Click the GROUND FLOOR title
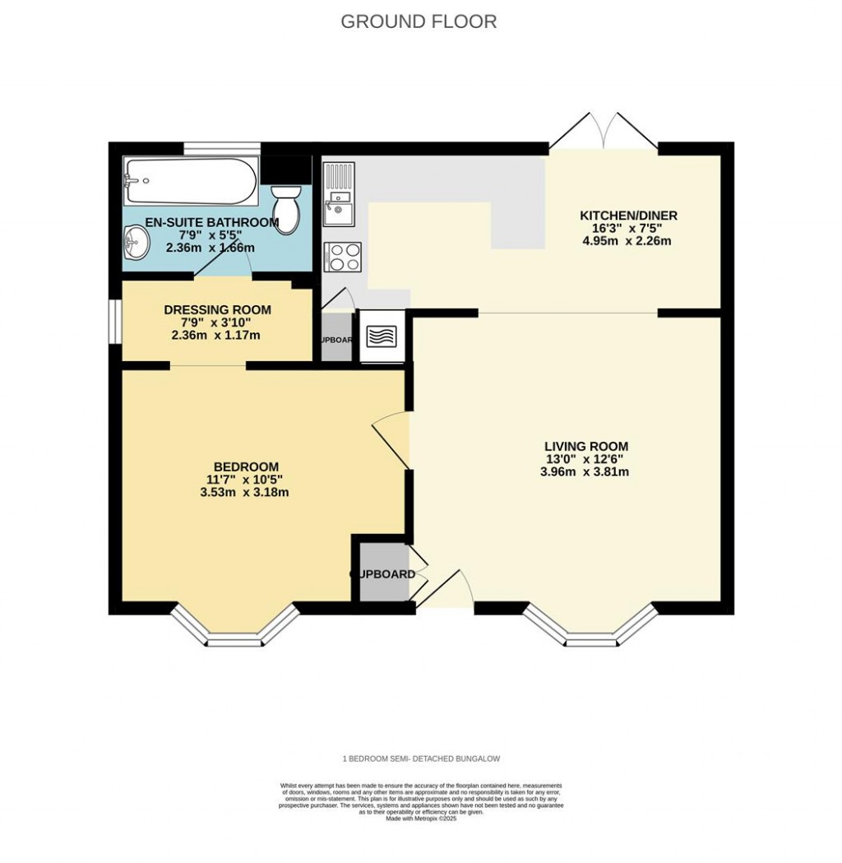[419, 21]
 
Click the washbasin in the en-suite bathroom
[136, 243]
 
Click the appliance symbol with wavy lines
[380, 336]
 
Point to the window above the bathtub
[221, 149]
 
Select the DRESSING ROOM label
[217, 310]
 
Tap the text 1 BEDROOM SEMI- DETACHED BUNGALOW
[421, 759]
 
